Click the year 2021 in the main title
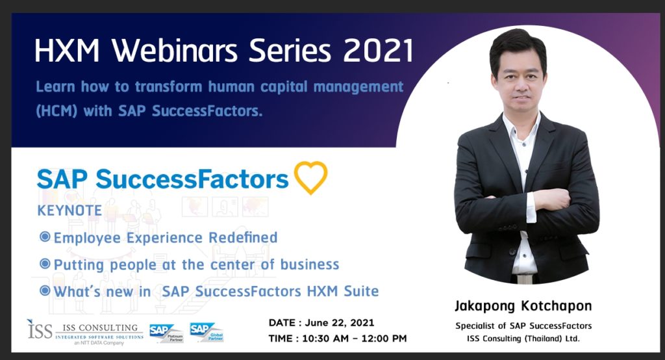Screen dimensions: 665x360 pyautogui.click(x=378, y=51)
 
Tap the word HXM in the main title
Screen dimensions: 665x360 pyautogui.click(x=67, y=51)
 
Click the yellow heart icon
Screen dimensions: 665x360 pyautogui.click(x=310, y=177)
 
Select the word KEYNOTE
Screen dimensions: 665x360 pyautogui.click(x=69, y=210)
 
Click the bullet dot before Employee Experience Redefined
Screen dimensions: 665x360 pyautogui.click(x=45, y=237)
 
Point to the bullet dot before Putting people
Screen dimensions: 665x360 pyautogui.click(x=45, y=264)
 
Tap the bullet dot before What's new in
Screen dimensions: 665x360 pyautogui.click(x=45, y=291)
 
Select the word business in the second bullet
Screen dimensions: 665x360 pyautogui.click(x=310, y=264)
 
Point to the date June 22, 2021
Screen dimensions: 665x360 pyautogui.click(x=339, y=323)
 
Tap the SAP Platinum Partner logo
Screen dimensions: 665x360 pyautogui.click(x=166, y=333)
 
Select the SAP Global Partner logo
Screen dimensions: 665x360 pyautogui.click(x=207, y=332)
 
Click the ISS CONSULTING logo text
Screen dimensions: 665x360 pyautogui.click(x=100, y=328)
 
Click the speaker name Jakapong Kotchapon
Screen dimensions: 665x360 pyautogui.click(x=523, y=306)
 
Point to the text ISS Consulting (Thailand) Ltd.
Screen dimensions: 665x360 pyautogui.click(x=523, y=339)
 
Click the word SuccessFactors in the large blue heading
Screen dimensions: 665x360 pyautogui.click(x=192, y=179)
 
